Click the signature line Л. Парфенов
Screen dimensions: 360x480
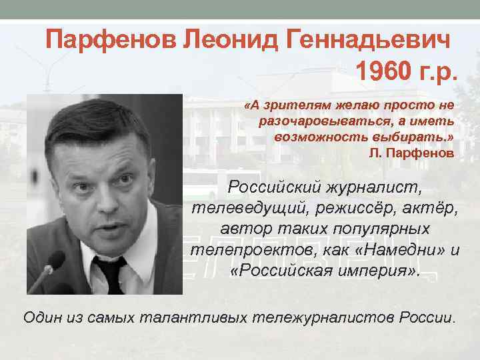tap(411, 153)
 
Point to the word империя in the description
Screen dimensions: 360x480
tap(377, 273)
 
